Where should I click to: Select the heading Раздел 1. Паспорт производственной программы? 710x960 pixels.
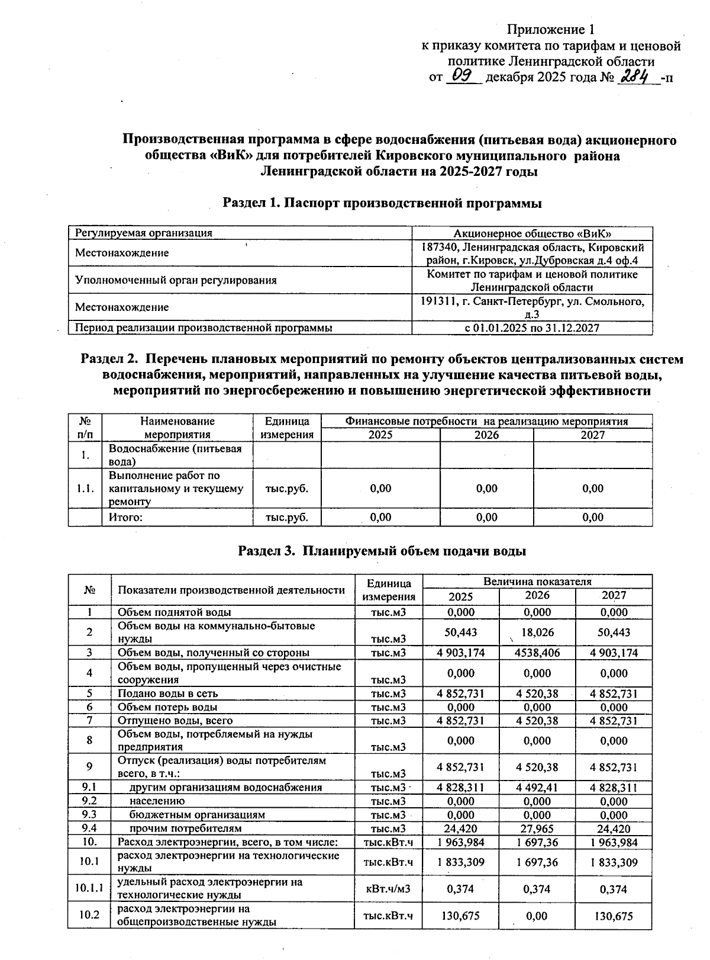point(382,203)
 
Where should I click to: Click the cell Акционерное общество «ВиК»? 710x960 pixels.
point(532,233)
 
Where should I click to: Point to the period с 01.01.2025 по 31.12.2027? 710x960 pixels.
point(532,328)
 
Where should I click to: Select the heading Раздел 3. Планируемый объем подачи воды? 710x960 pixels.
point(382,551)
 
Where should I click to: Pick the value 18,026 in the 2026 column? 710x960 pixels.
point(537,632)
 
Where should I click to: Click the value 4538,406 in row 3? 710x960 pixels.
point(537,653)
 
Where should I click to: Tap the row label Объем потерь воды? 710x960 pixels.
point(167,707)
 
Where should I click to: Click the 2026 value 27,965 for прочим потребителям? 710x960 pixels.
point(537,829)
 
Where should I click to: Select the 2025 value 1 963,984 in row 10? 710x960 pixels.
point(461,842)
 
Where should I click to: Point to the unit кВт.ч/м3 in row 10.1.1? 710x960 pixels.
point(388,889)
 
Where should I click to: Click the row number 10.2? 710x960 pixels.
point(89,915)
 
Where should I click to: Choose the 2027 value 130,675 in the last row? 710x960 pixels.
point(614,916)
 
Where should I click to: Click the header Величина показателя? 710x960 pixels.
point(537,582)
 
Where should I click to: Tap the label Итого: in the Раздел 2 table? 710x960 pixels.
point(125,517)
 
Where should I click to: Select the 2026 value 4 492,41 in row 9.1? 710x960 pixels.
point(537,788)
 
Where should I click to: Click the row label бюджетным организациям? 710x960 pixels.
point(197,815)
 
